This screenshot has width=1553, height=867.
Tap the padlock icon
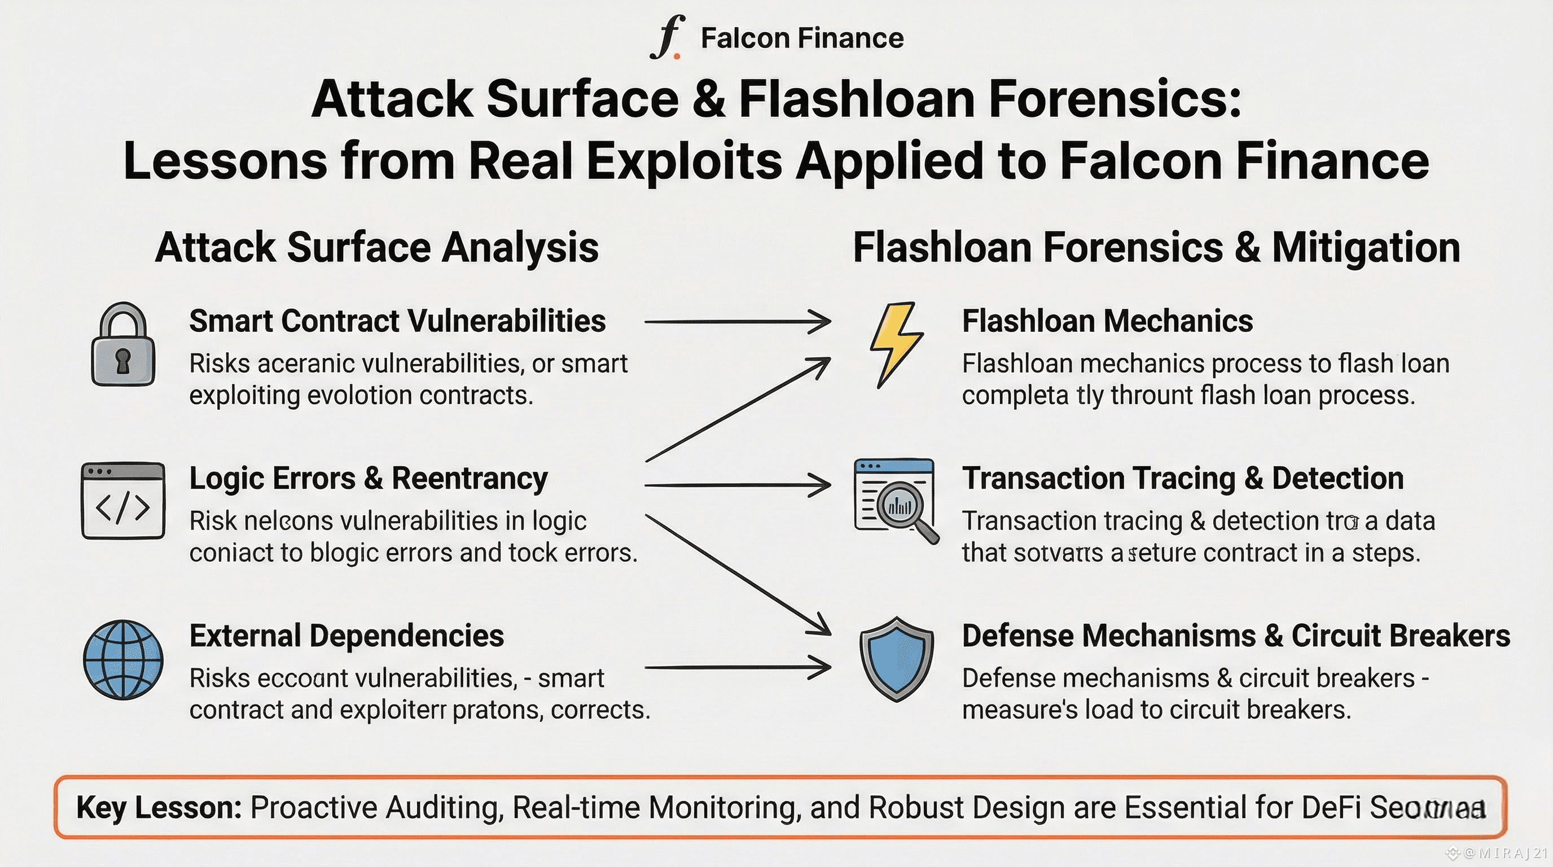[x=123, y=345]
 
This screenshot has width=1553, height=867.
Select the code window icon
[x=123, y=501]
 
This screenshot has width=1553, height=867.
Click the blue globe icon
[x=123, y=660]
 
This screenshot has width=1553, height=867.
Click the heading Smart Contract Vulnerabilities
[x=397, y=321]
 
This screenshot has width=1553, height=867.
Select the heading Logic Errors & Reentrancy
[x=368, y=479]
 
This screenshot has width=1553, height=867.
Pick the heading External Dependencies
[x=346, y=636]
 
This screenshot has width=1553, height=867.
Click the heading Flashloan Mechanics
[x=1107, y=321]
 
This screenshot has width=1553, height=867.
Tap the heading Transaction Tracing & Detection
[x=1182, y=479]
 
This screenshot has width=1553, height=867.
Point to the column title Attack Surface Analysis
[x=377, y=247]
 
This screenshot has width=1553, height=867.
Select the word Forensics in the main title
[x=1115, y=99]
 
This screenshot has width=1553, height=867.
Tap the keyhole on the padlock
[x=123, y=361]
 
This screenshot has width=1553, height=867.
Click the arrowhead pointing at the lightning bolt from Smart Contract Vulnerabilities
[x=821, y=322]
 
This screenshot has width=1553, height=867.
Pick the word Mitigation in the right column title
[x=1366, y=247]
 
